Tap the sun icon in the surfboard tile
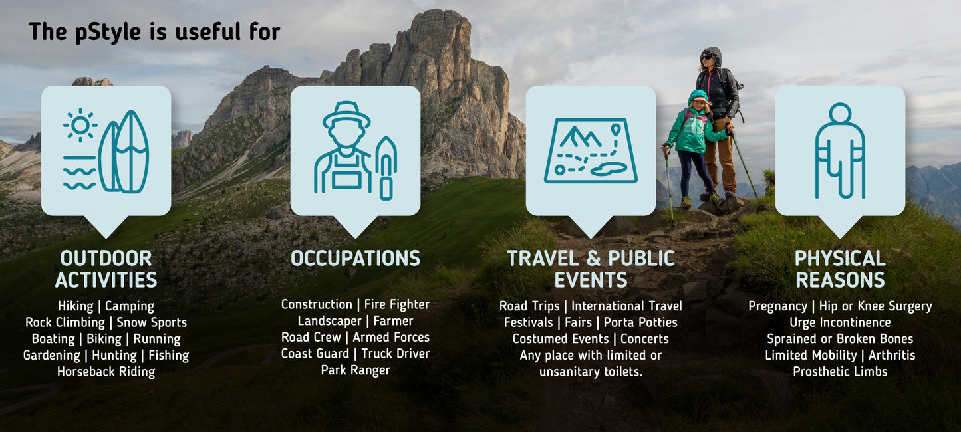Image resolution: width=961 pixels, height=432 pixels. pos(80,124)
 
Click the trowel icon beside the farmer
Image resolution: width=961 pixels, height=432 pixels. pos(386,167)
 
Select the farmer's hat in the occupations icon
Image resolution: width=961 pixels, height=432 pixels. pos(346,114)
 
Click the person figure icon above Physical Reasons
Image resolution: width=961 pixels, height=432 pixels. pos(840,151)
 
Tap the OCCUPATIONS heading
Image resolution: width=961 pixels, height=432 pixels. pos(355,258)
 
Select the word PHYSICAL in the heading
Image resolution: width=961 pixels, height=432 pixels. pos(840,258)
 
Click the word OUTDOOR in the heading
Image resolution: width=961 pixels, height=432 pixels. pos(106,258)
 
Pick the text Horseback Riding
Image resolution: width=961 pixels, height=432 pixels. pos(106,372)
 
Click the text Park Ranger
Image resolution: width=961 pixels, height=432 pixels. pos(355,370)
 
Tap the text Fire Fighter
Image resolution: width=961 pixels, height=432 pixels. pos(396,304)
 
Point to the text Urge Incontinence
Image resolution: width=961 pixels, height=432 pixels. pos(840,322)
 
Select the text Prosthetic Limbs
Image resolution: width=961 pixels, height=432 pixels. pos(840,372)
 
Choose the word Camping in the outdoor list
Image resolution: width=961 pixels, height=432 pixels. pos(130,306)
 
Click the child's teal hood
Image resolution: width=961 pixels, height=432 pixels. pos(698,98)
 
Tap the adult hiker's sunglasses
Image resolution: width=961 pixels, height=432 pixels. pos(706,58)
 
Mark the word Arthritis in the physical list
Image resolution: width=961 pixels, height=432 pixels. pos(892,355)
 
